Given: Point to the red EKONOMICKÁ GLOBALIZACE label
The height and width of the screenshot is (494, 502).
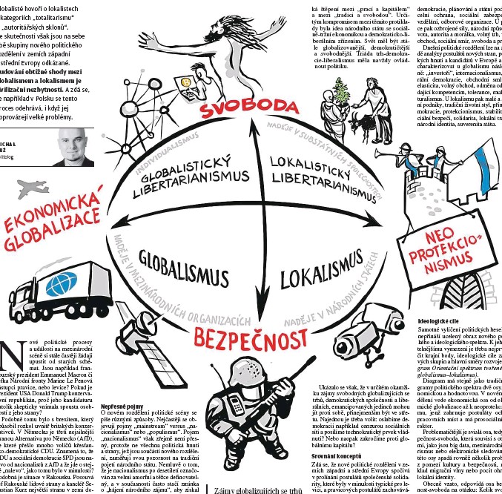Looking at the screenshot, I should pos(52,220).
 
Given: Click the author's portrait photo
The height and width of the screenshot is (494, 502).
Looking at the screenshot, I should pos(76,148).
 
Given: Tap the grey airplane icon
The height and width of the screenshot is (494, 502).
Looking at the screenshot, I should pos(30,188).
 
